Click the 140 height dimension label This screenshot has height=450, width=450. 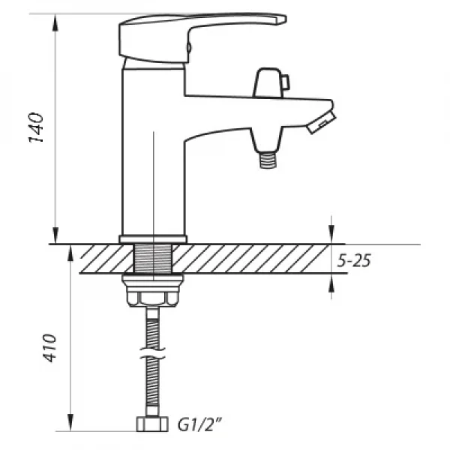36,127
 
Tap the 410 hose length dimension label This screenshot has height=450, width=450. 49,347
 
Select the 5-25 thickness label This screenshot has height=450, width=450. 354,260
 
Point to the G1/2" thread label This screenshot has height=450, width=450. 199,424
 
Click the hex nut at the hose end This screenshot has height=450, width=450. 151,424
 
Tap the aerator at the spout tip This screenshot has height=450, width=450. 322,122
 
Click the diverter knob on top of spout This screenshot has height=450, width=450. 268,83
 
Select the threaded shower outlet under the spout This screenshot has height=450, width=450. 268,160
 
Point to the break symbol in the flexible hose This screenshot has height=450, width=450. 152,353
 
